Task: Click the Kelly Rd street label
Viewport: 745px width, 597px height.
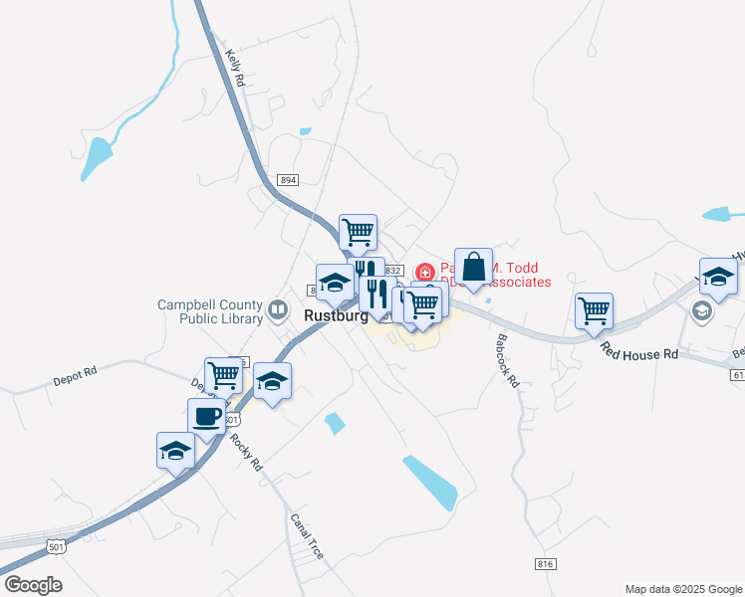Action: coord(236,68)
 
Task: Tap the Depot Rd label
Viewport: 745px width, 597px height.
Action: coord(76,375)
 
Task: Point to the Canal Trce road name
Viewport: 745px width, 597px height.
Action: coord(307,535)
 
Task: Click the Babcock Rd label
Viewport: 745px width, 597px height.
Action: coord(508,359)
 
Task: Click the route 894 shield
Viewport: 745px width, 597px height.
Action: coord(288,179)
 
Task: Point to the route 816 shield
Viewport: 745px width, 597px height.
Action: coord(544,564)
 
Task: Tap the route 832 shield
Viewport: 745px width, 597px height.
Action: coord(392,271)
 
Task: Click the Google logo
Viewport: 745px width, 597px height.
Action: coord(33,584)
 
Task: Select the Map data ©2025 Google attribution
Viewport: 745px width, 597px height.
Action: coord(682,589)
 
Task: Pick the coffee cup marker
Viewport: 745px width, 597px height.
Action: coord(206,417)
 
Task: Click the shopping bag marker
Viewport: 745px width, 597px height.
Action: coord(473,267)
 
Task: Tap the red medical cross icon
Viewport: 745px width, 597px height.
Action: coord(424,271)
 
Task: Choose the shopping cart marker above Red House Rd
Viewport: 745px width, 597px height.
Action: coord(594,310)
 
